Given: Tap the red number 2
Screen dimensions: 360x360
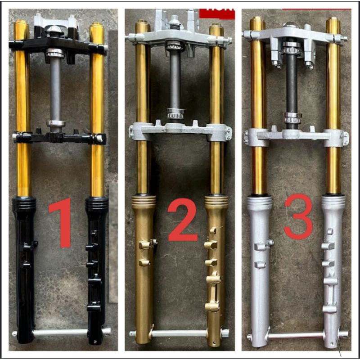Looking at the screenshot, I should pyautogui.click(x=183, y=220).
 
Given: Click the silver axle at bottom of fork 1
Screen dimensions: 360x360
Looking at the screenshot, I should pyautogui.click(x=61, y=333).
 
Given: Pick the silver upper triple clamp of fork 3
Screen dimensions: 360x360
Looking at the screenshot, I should pyautogui.click(x=295, y=35).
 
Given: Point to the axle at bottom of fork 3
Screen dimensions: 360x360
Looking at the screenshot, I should pyautogui.click(x=295, y=335).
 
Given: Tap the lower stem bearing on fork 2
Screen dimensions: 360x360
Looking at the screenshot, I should pyautogui.click(x=175, y=113).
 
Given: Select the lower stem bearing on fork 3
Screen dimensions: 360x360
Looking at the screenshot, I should pyautogui.click(x=292, y=118).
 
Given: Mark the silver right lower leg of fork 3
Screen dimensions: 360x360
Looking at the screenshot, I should pyautogui.click(x=333, y=270).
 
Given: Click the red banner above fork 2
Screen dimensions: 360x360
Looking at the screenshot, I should pyautogui.click(x=217, y=13).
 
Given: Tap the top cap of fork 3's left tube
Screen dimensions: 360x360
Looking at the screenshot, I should pyautogui.click(x=257, y=20).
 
